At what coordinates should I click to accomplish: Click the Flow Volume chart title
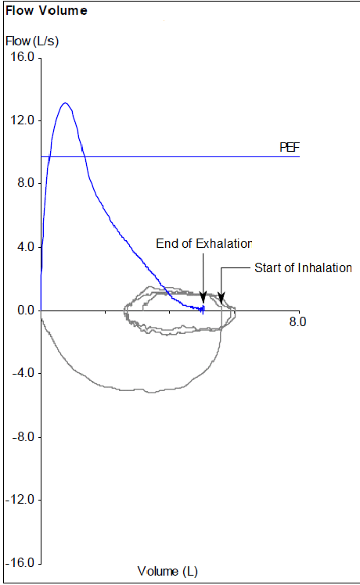tap(46, 11)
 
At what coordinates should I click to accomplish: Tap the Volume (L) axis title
tap(167, 572)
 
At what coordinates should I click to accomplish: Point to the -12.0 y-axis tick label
tap(20, 500)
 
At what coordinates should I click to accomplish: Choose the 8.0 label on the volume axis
tap(297, 321)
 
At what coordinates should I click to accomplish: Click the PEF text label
tap(290, 147)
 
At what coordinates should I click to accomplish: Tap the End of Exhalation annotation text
tap(203, 244)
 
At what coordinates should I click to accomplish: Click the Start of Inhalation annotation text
tap(303, 267)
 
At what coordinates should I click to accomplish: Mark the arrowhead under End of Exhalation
tap(203, 299)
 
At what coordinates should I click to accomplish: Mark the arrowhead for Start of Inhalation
tap(221, 299)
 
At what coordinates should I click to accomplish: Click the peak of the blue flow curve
tap(65, 103)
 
